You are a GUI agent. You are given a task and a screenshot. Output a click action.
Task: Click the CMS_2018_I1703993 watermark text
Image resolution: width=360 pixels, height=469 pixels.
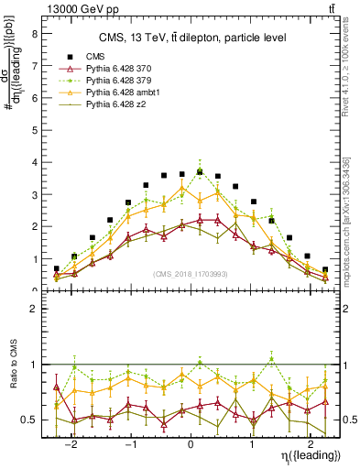[191, 274]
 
